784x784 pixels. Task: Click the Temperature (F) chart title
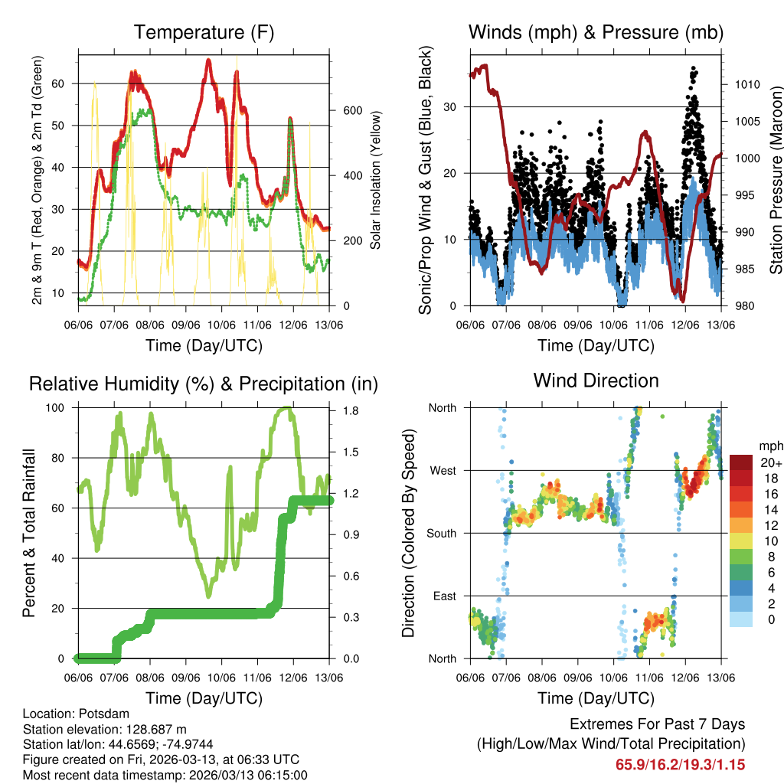click(204, 33)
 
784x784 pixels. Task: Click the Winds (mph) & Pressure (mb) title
click(596, 33)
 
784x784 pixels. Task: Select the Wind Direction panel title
click(596, 381)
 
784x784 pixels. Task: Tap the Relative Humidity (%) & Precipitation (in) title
click(204, 384)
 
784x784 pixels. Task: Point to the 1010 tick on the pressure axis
click(746, 84)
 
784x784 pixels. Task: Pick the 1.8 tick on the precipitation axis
click(350, 410)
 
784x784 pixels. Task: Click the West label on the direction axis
click(443, 471)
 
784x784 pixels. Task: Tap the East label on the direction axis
click(444, 596)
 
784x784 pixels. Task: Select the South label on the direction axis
click(442, 534)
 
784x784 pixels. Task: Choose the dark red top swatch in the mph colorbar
click(740, 462)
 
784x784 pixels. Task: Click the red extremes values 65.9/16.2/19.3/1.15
click(680, 764)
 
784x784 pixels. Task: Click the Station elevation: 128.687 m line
click(105, 729)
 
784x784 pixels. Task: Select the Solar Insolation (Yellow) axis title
click(377, 179)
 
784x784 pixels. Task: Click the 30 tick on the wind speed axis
click(452, 106)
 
